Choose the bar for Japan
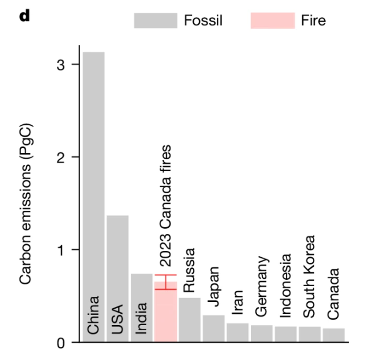(214, 328)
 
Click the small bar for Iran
(238, 332)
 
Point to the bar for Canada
(334, 335)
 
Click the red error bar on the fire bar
(165, 282)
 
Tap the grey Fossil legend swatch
(155, 20)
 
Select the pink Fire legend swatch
(273, 20)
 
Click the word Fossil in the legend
(203, 20)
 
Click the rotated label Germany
(262, 286)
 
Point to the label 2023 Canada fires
(165, 205)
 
